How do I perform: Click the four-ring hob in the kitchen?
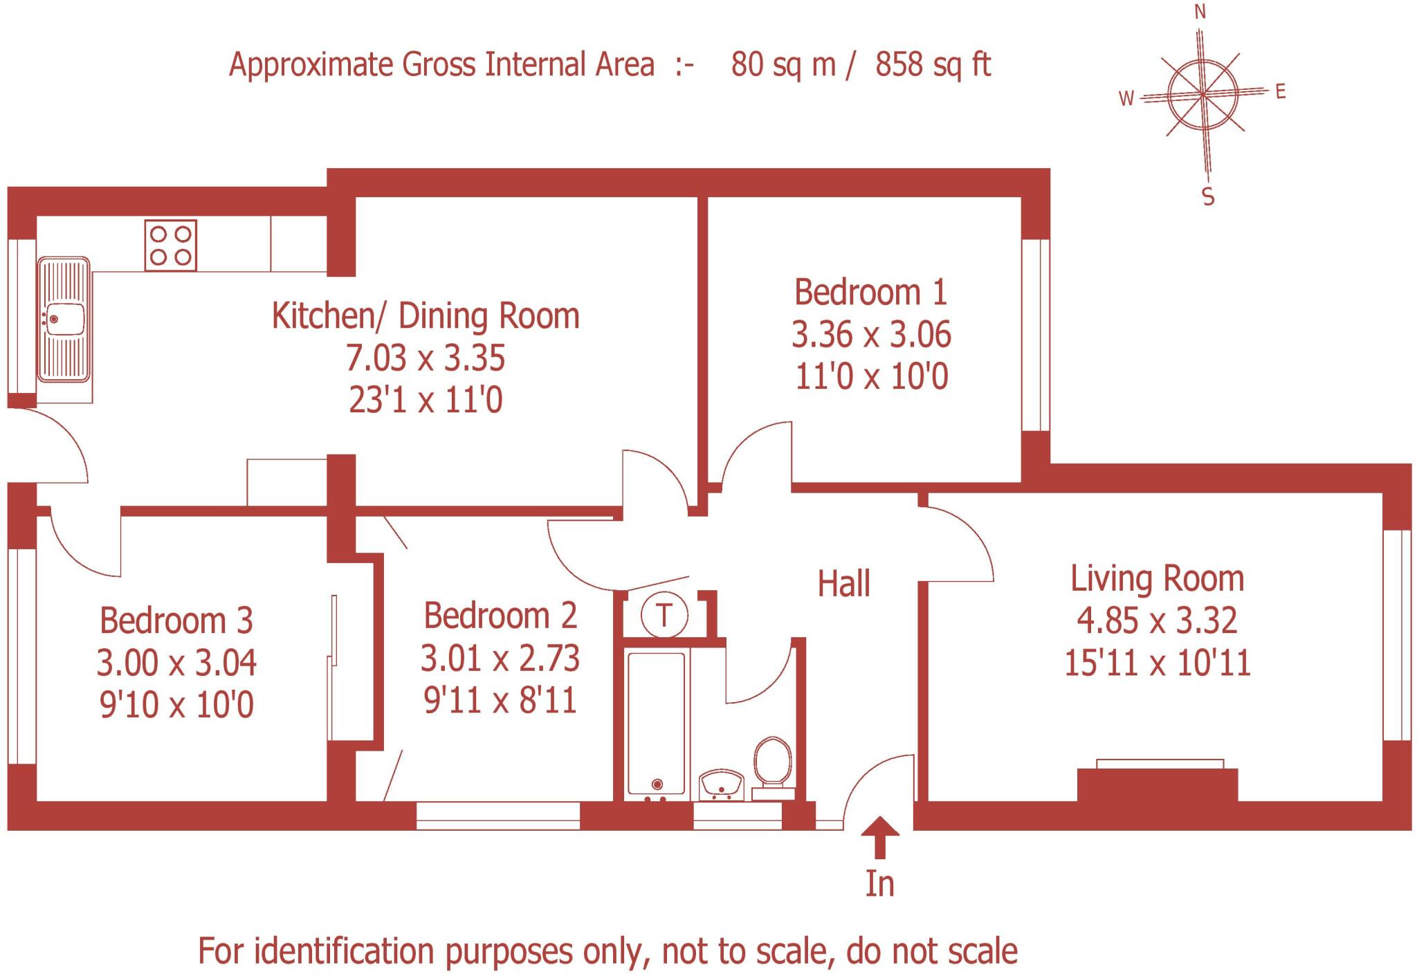click(170, 246)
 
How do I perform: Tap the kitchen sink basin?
click(64, 319)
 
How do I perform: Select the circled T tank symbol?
click(664, 614)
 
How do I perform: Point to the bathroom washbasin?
click(721, 786)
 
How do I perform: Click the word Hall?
click(844, 584)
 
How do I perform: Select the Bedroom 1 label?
click(870, 292)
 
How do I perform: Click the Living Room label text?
click(1158, 578)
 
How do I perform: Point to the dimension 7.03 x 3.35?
click(426, 358)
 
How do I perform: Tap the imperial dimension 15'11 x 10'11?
click(1158, 663)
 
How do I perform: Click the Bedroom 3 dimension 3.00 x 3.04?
click(176, 663)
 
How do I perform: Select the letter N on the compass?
click(1200, 12)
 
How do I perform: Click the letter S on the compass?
click(1208, 197)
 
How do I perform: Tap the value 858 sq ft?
click(933, 64)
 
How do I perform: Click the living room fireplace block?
click(1158, 784)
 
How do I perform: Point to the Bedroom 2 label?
click(500, 616)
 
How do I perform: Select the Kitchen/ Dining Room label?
click(426, 315)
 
